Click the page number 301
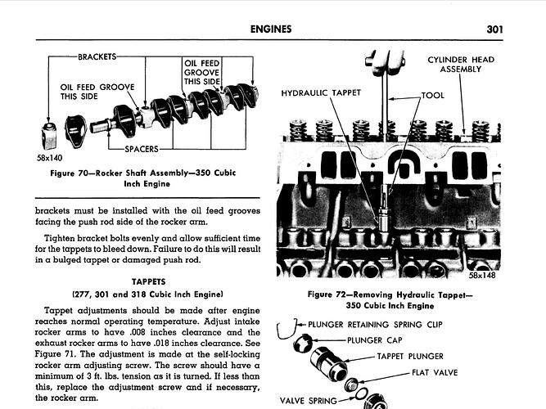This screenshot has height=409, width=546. (x=494, y=29)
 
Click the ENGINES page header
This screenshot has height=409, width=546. (x=271, y=29)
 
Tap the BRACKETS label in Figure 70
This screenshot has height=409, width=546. (x=97, y=56)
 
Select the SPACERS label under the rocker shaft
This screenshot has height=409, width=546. (x=142, y=150)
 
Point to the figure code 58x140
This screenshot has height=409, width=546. (x=49, y=159)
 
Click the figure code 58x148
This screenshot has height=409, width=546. (x=482, y=276)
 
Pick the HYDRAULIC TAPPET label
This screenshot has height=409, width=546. (x=321, y=93)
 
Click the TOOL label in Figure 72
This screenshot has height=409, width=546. (x=433, y=96)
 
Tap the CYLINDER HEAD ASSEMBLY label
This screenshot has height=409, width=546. (x=461, y=65)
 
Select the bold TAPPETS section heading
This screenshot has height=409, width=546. (x=149, y=281)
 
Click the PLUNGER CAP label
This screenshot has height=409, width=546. (x=375, y=340)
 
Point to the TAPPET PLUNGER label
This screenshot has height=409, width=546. (x=410, y=357)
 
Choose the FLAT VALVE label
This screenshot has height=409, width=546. (x=435, y=373)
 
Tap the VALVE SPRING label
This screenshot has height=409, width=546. (x=308, y=401)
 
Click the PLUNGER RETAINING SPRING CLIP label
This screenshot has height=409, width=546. (x=375, y=325)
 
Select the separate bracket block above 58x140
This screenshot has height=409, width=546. (x=48, y=136)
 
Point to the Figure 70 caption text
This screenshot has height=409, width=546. (x=143, y=178)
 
